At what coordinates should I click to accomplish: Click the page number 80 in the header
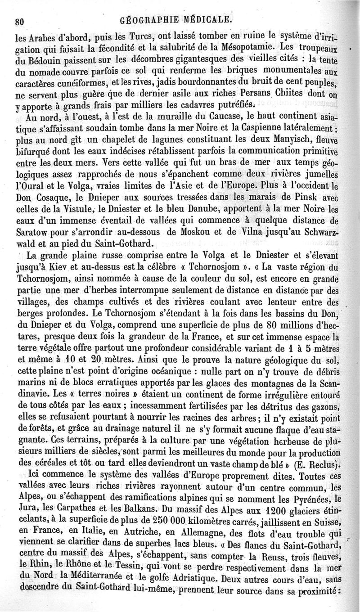pyautogui.click(x=19, y=21)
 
